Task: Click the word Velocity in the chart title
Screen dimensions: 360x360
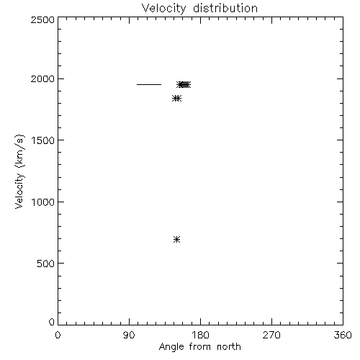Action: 164,9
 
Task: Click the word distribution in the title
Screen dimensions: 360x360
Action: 225,8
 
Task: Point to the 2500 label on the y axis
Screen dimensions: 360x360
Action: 42,19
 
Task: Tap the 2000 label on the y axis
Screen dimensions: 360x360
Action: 42,78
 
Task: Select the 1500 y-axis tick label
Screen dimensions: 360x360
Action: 43,140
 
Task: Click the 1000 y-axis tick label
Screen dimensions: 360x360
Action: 43,202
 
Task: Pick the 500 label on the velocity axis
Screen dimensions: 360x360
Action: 46,264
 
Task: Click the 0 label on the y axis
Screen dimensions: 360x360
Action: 52,322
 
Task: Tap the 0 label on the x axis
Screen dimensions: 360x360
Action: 58,335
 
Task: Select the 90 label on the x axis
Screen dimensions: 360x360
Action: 129,335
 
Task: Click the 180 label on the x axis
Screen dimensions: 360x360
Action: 200,335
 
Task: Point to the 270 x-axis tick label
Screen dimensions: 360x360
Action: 271,335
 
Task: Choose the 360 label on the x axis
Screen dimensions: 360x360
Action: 343,335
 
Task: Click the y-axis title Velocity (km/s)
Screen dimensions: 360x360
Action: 19,171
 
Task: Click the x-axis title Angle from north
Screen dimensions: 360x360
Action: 200,347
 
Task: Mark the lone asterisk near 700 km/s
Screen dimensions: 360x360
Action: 176,239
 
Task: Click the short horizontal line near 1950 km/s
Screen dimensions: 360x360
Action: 149,84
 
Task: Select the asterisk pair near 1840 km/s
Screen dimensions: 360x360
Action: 177,98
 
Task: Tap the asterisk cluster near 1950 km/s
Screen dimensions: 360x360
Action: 184,84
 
